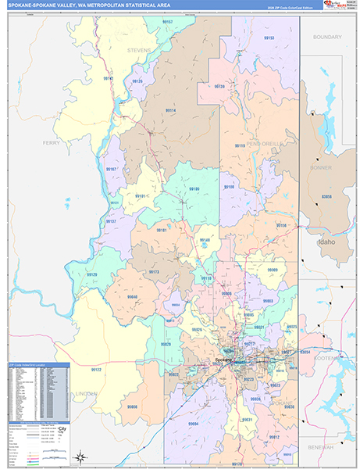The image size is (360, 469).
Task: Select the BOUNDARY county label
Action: pos(328,37)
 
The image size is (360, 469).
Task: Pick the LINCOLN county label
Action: pos(87,394)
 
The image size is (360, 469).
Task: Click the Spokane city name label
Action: pos(223,360)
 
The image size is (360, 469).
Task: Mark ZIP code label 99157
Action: pos(168,22)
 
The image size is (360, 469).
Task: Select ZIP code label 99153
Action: pos(269,38)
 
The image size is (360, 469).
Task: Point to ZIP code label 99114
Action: pos(170,111)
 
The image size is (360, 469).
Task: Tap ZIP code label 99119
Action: pos(240,146)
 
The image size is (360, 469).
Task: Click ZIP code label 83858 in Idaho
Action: pos(327,196)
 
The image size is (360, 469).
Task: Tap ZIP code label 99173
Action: pos(154,272)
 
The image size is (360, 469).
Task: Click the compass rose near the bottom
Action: pos(80,456)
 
